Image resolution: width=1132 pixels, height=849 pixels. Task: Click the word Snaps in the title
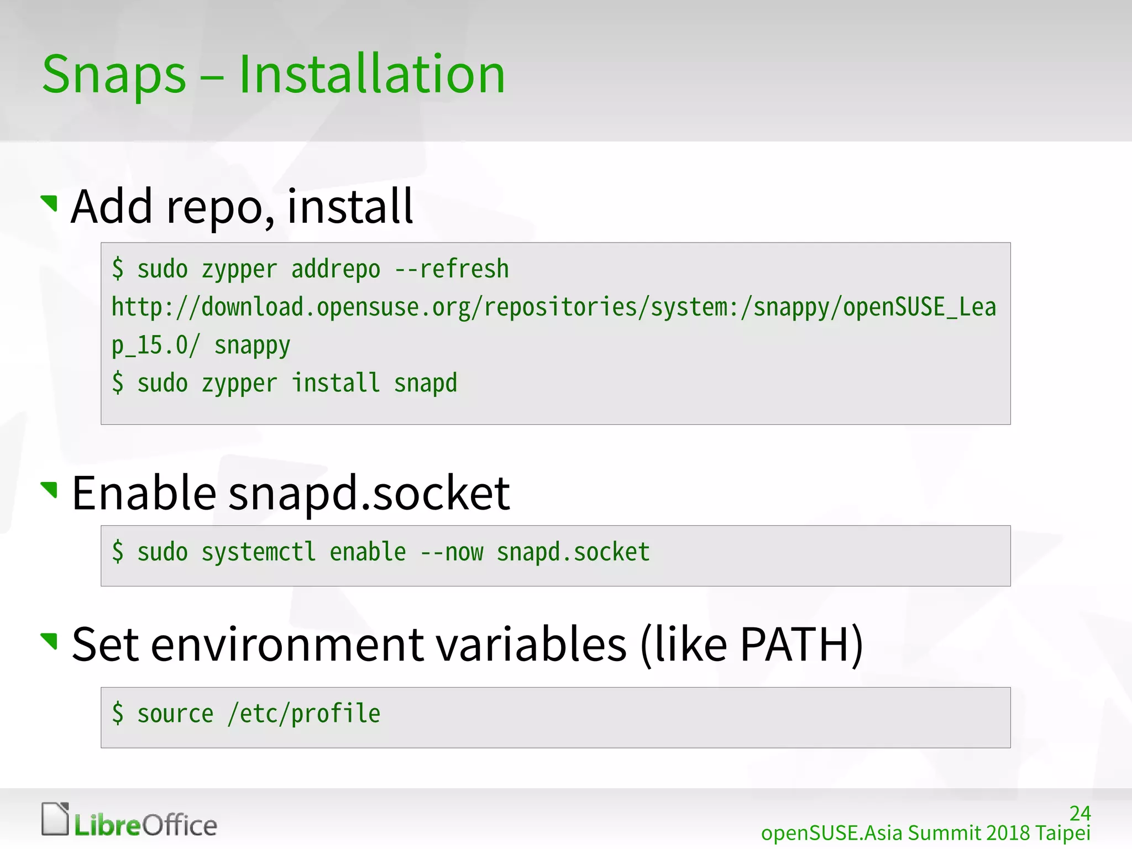point(114,75)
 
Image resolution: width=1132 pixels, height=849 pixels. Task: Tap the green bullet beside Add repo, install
point(50,203)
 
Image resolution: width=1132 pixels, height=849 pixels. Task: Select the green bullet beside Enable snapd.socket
point(50,489)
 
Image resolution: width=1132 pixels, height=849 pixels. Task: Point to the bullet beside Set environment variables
point(50,641)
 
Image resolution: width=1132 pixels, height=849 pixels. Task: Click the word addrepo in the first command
point(336,270)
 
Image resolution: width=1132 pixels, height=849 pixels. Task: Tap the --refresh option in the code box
point(452,270)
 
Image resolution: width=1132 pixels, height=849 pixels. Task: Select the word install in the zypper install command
point(336,383)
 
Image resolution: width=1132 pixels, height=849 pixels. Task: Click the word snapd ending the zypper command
point(426,383)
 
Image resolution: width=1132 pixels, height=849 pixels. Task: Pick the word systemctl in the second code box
point(258,552)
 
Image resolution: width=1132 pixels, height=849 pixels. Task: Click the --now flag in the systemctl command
point(452,552)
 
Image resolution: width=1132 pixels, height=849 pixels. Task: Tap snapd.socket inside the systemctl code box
point(573,552)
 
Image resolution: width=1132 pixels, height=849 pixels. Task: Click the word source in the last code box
point(175,714)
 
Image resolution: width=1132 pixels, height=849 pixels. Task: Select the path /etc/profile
point(304,714)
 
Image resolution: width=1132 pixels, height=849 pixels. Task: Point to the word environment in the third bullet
point(287,644)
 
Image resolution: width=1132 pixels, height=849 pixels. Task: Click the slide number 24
point(1079,814)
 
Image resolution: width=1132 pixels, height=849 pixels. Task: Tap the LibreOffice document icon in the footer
point(55,819)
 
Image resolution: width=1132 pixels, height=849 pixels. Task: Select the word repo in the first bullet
point(212,207)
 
